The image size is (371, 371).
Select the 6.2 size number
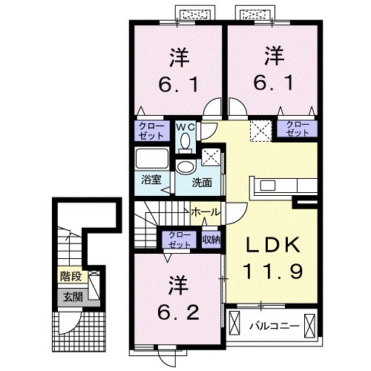pos(178,311)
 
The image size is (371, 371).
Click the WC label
pos(185,126)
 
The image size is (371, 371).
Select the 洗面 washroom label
pos(202,181)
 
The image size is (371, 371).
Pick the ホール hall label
pos(205,212)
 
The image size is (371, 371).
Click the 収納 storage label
pos(211,240)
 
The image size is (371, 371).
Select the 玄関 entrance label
pos(70,297)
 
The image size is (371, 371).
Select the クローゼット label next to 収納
pos(178,239)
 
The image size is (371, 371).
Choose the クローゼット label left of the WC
pos(151,131)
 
